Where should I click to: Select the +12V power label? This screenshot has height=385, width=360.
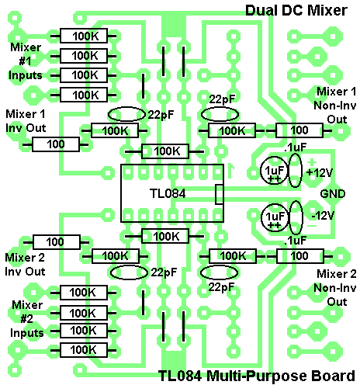click(x=320, y=172)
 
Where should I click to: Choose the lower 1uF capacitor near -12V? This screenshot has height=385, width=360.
click(x=274, y=217)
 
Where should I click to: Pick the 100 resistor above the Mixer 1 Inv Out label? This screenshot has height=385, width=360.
click(x=55, y=144)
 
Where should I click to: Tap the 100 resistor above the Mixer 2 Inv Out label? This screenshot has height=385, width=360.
click(x=55, y=241)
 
